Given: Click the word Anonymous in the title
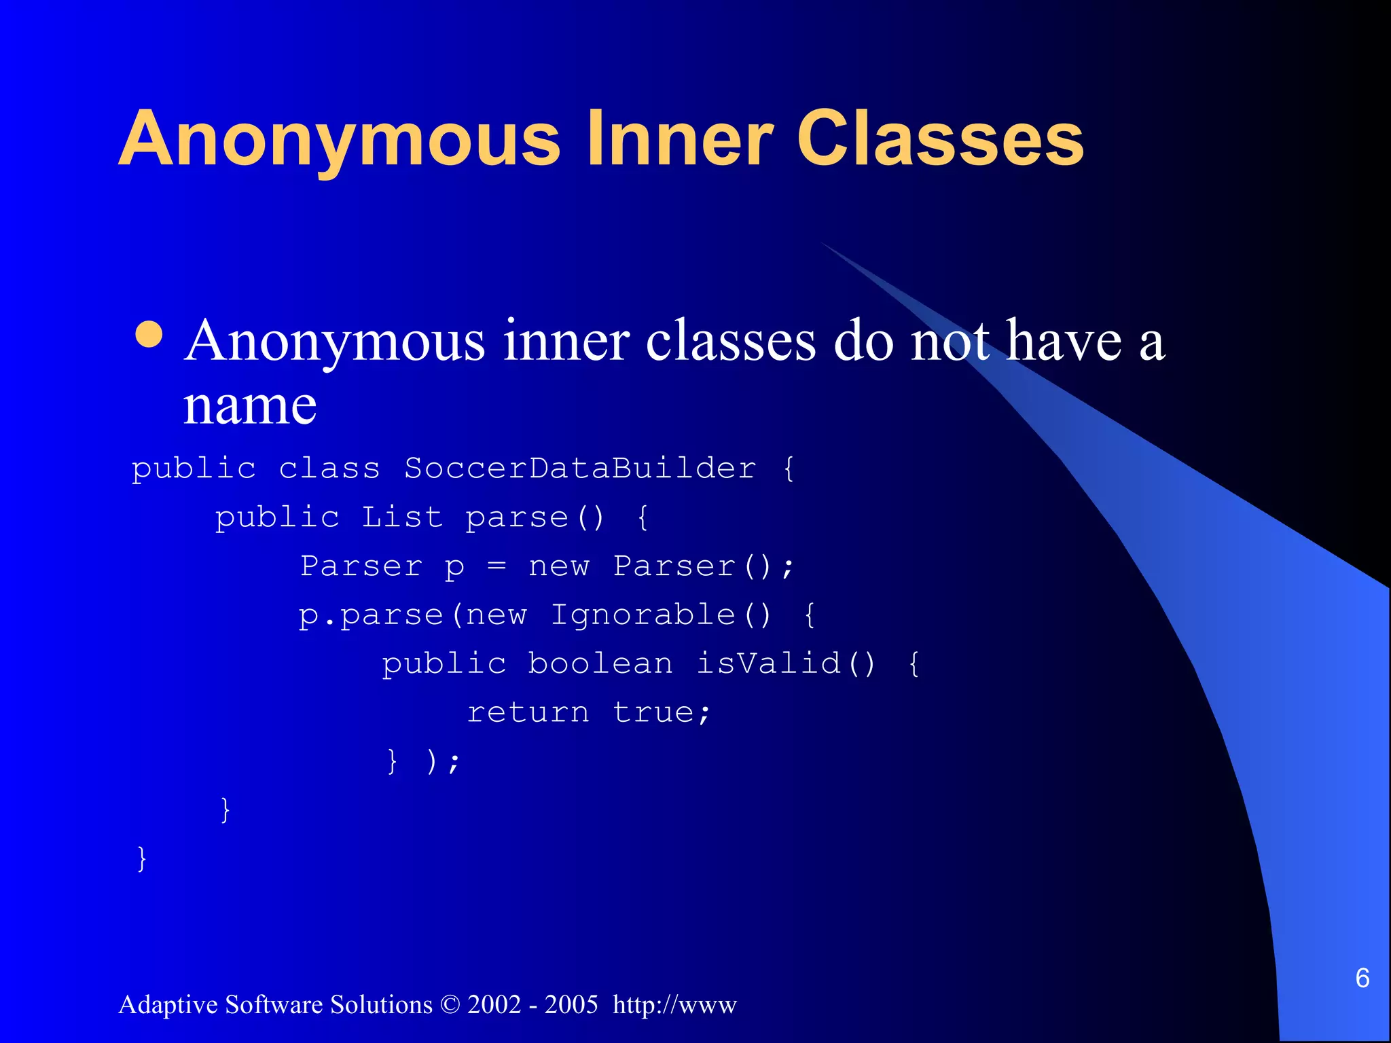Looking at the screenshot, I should [x=340, y=139].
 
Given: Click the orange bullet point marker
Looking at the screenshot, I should [x=149, y=334].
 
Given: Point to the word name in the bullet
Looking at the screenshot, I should [x=250, y=405].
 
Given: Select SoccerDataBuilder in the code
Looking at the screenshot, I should [x=580, y=468].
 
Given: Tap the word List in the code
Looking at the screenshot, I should [x=401, y=517].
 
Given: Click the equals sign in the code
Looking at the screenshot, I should [x=496, y=566].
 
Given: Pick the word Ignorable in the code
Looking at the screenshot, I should [x=643, y=615].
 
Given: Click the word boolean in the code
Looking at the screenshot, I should [x=600, y=663].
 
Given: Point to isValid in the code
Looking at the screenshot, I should [x=769, y=663].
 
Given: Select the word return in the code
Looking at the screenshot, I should [x=528, y=712].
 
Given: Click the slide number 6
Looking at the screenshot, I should [x=1362, y=978].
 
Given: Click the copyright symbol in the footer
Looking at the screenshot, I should [x=450, y=1004].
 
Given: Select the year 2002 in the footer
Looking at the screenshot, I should [x=494, y=1004].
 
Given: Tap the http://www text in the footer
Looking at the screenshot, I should [x=674, y=1004].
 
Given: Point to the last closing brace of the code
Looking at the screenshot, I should [x=142, y=859].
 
